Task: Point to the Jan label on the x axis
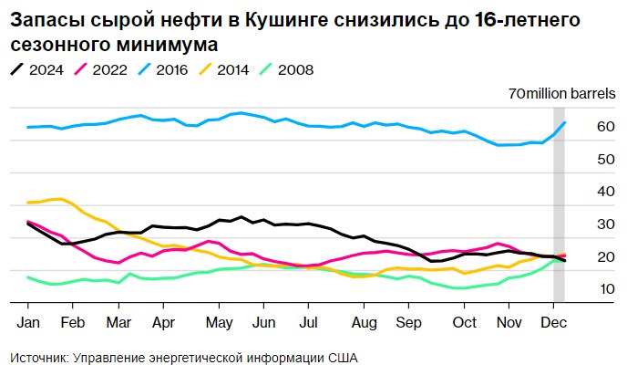tap(27, 322)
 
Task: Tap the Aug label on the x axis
tap(364, 322)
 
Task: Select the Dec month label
tap(553, 322)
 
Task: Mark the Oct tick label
tap(465, 322)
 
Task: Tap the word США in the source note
tap(339, 357)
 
